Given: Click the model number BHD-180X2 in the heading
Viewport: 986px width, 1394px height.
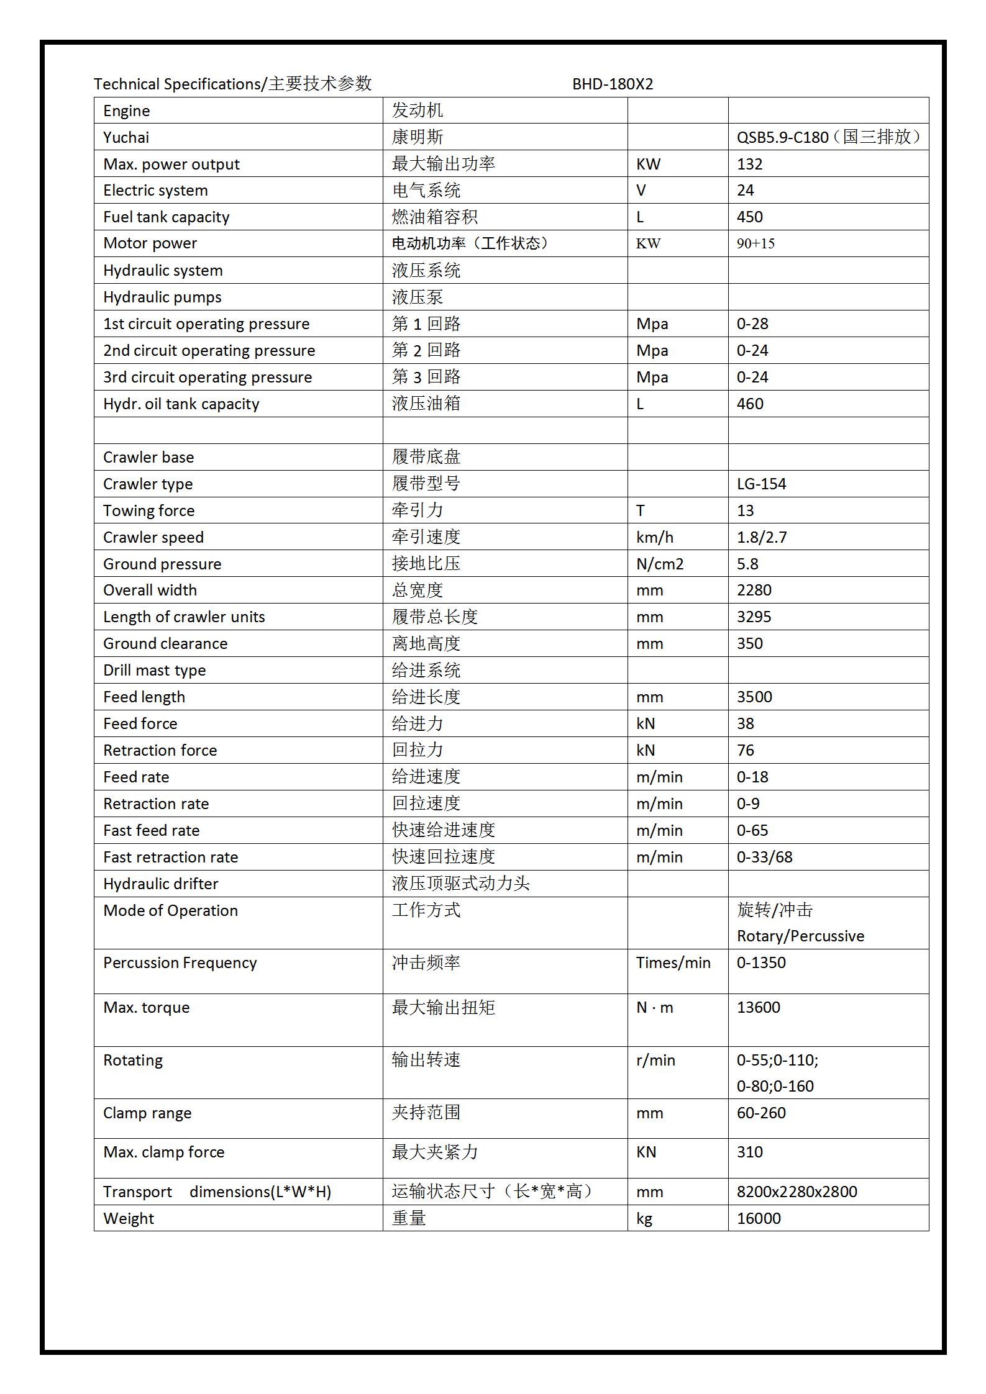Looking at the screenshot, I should tap(612, 84).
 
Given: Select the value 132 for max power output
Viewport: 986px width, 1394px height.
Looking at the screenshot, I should tap(749, 164).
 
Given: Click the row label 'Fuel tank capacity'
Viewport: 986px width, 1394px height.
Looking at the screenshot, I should tap(166, 217).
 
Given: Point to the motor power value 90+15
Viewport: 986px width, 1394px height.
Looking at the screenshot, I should tap(755, 243).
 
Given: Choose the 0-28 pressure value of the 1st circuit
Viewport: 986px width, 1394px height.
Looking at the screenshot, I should tap(752, 324).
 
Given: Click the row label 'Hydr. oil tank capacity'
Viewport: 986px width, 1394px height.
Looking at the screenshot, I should tap(181, 404).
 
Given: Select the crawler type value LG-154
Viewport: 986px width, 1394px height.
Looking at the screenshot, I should tap(761, 484).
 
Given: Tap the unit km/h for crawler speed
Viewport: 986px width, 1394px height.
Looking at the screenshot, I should tap(654, 537).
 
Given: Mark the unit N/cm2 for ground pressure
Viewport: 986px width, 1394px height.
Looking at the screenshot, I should tap(659, 564).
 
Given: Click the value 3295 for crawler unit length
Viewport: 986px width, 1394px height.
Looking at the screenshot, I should tap(754, 617).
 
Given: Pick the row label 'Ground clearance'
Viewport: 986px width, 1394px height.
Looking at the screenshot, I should tap(165, 643).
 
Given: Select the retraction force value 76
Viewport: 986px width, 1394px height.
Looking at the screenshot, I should tap(745, 750).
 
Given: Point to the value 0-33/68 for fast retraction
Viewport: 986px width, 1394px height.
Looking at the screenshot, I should tap(764, 857).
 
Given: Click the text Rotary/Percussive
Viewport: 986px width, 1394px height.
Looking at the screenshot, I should tap(800, 936).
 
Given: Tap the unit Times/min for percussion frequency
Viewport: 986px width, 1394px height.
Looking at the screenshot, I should tap(673, 962).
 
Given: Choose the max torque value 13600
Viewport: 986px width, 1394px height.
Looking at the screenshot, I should tap(758, 1007).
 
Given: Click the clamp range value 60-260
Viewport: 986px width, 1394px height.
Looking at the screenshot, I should tap(761, 1113).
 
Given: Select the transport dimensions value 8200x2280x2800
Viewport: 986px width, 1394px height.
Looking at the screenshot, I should tap(797, 1192).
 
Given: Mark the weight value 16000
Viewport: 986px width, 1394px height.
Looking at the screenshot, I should tap(759, 1218).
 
